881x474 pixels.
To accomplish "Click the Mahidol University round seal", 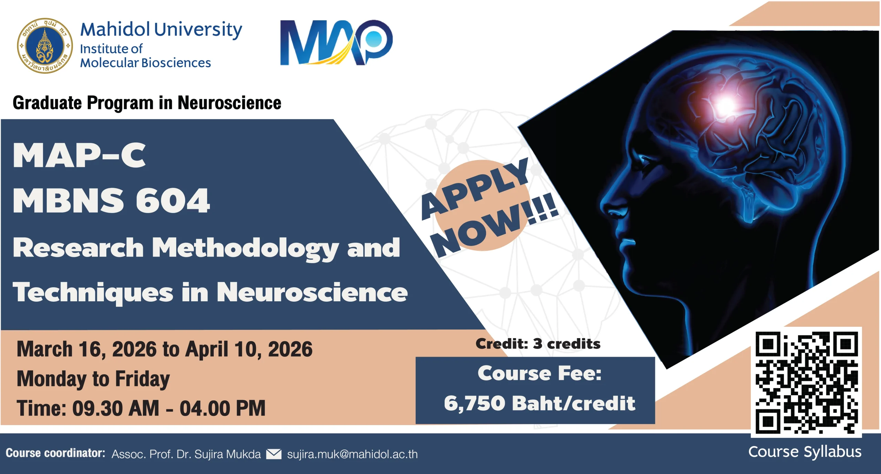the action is pos(45,45).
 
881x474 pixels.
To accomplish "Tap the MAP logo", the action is pos(336,42).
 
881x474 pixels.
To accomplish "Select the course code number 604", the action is pos(172,201).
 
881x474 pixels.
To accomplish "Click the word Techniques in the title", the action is pos(93,292).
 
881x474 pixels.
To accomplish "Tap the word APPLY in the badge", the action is pos(475,188).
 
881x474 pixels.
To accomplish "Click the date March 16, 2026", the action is pos(86,349).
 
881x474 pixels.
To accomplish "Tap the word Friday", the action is pos(142,379).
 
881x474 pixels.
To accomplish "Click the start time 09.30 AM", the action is pos(116,408).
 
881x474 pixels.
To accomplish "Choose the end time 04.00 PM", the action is pos(223,408).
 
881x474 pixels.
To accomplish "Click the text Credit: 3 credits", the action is pos(538,344).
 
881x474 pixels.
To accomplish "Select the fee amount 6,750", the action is pos(475,403).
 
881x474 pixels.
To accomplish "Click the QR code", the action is pos(806,382).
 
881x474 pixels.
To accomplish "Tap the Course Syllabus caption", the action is pos(805,452).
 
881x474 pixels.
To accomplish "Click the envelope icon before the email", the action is pos(274,454).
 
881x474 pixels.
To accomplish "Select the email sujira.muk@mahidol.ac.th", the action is pos(352,454).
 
